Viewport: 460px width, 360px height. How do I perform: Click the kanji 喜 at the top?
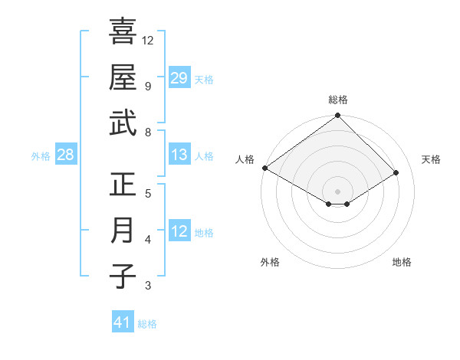point(123,31)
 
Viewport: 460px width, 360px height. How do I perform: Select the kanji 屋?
point(123,77)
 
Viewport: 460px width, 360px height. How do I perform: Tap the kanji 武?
point(123,123)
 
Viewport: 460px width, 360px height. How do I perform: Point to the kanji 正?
point(123,185)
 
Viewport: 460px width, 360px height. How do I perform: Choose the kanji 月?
point(123,231)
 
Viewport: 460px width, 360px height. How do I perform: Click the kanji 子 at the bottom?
point(123,277)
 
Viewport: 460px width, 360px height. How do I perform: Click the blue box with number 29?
point(179,78)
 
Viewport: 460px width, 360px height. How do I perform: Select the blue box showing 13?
point(179,155)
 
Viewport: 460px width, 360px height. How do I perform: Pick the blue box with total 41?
point(123,322)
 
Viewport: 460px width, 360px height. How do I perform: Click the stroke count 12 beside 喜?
point(148,40)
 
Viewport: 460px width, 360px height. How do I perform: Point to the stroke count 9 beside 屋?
point(147,86)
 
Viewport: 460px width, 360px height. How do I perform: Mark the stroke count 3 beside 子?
point(147,286)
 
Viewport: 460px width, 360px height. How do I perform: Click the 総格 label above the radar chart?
point(338,100)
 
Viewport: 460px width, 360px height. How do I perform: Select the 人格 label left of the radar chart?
point(245,159)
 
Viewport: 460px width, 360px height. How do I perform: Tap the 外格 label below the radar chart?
point(270,262)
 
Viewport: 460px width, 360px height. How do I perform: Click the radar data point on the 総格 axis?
point(338,116)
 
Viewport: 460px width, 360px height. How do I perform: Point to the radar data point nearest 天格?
point(396,173)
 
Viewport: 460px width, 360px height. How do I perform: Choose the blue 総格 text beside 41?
point(147,324)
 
